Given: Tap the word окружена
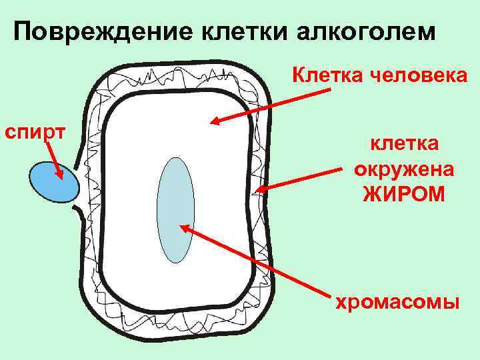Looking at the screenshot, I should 404,169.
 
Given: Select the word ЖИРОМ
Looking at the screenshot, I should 404,194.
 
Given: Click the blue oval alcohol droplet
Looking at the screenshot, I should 51,181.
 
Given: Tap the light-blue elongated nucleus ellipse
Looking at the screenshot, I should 175,209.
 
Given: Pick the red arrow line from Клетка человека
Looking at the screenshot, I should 273,107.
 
